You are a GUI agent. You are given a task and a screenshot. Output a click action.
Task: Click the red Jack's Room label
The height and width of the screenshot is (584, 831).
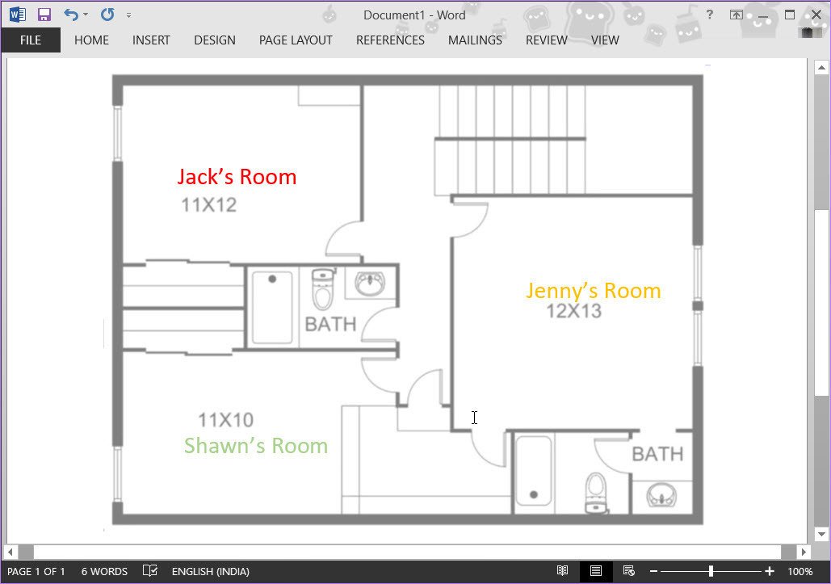237,177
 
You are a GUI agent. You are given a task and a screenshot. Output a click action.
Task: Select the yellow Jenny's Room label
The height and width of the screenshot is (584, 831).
593,291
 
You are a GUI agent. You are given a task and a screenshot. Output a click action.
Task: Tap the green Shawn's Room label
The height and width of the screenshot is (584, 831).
255,446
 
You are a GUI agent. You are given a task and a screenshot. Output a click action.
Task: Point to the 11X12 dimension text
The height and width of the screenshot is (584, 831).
208,205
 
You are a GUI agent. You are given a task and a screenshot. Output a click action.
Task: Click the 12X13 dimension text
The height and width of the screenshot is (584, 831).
573,311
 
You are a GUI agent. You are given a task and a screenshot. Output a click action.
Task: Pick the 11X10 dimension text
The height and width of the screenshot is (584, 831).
225,420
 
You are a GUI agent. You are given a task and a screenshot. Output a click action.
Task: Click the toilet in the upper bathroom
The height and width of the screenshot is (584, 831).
323,290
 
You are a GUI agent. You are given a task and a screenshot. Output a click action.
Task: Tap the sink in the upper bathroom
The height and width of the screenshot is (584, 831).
370,284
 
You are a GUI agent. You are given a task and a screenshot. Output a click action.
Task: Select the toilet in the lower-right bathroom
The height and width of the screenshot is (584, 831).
596,491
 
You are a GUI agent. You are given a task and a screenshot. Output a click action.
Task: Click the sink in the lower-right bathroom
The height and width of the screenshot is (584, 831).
661,495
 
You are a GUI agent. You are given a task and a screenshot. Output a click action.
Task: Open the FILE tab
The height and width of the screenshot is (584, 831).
31,40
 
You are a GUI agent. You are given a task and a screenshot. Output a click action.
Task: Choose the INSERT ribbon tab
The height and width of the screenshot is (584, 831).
151,40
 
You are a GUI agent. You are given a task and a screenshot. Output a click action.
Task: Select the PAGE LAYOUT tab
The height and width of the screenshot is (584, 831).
296,40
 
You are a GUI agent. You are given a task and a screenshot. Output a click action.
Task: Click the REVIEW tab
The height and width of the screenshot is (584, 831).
546,40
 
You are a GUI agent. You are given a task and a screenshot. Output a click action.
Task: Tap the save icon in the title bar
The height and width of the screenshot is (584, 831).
44,15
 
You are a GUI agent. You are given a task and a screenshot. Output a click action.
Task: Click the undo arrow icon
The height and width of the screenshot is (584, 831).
71,15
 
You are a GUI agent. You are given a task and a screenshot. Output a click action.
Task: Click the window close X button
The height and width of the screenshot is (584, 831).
815,15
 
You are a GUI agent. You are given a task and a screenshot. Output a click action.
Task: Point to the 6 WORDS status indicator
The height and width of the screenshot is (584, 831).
104,572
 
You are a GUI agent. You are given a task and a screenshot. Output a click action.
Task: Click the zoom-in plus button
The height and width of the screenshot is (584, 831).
770,572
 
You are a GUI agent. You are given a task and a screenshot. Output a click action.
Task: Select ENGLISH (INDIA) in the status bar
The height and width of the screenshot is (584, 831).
210,572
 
